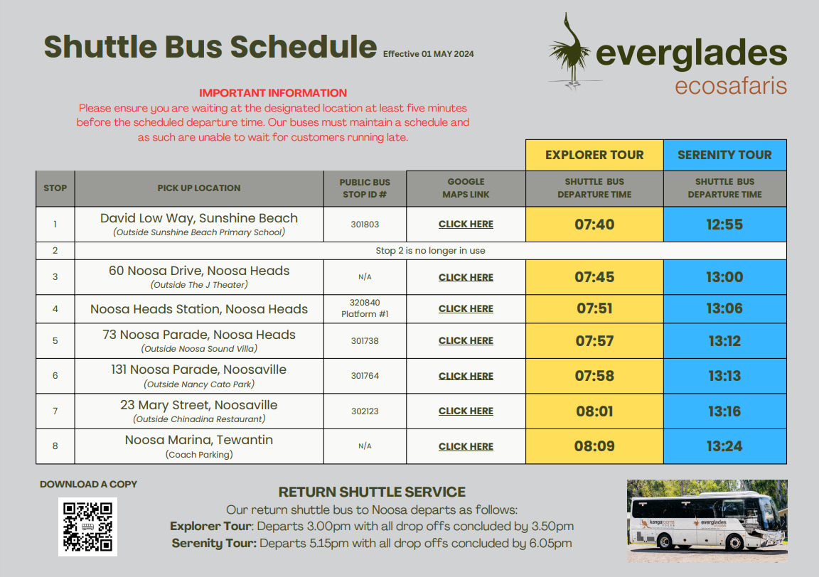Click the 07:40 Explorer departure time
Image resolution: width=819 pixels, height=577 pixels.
click(x=594, y=225)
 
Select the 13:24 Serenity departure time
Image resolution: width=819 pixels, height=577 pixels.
click(x=724, y=446)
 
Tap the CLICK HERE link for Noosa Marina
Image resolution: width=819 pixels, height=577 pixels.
click(x=466, y=446)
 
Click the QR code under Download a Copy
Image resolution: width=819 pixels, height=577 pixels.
click(x=87, y=527)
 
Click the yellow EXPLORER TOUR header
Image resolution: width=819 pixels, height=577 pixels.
click(x=594, y=155)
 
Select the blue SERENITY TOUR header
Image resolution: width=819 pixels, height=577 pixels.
click(x=724, y=155)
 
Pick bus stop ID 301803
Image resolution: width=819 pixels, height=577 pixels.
click(x=365, y=225)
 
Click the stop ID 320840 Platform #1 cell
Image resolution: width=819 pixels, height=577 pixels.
click(x=365, y=308)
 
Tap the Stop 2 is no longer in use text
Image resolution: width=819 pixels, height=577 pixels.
click(x=430, y=251)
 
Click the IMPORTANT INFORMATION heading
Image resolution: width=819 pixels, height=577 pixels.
click(x=273, y=93)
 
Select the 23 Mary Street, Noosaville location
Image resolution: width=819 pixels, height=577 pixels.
click(x=199, y=405)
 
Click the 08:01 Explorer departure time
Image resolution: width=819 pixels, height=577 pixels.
click(x=594, y=411)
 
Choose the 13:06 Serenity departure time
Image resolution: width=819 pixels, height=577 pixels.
click(x=724, y=308)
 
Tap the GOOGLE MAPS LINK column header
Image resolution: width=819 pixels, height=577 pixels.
click(x=466, y=188)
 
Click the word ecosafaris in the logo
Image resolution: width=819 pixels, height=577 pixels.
click(x=730, y=86)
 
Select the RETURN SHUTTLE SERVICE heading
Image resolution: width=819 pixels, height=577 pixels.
click(x=372, y=492)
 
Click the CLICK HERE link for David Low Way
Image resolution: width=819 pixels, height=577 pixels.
click(x=466, y=225)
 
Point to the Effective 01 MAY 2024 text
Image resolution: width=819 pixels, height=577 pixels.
click(x=428, y=54)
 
